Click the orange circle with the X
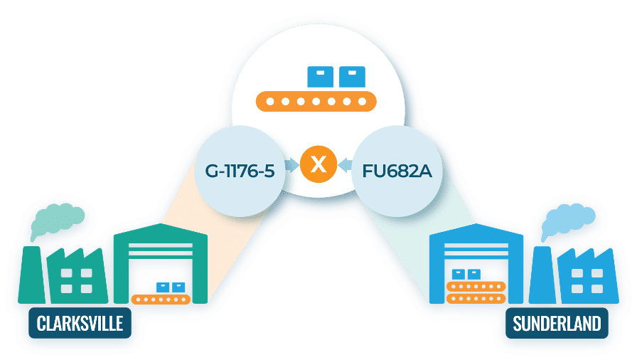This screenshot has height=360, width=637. pos(318,165)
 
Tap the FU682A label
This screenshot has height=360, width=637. pos(397,171)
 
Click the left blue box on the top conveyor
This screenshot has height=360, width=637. pos(319,76)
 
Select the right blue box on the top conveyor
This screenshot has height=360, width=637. pos(352,76)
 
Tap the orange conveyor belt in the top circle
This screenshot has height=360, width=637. pos(318,102)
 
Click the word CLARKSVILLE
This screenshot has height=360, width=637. pos(80,324)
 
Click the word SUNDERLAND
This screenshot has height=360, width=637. pos(557,324)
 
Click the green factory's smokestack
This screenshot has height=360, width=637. pos(33,274)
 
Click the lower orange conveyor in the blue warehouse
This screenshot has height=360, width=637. pos(476,298)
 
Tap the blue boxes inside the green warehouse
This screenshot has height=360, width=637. pos(171,287)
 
